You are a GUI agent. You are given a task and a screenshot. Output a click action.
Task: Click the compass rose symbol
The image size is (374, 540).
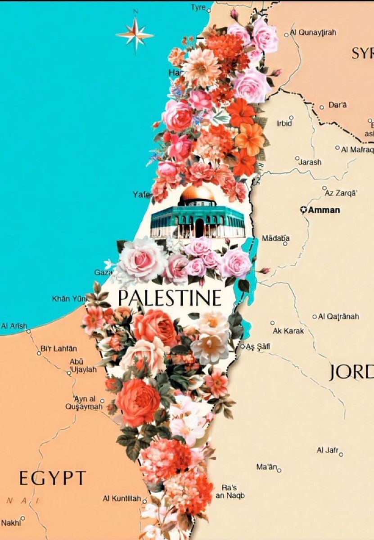[x=135, y=34]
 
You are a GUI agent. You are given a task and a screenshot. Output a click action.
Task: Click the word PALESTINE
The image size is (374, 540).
[x=170, y=298]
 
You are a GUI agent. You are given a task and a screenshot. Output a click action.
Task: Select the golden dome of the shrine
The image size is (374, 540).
[x=198, y=194]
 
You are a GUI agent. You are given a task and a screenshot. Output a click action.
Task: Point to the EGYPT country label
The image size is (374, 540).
[x=53, y=477]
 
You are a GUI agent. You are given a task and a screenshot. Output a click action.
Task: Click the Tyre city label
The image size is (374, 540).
[x=198, y=7]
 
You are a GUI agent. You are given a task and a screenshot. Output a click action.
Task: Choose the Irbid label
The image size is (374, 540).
[x=284, y=123]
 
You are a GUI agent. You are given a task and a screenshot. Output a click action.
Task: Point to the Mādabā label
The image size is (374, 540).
[x=276, y=238]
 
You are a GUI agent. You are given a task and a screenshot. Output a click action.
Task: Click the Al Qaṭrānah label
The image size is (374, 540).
[x=338, y=316]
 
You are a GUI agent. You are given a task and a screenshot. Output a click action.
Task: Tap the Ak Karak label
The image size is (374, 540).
[x=288, y=331]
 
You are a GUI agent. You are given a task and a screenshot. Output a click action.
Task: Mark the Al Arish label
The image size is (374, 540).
[x=14, y=325]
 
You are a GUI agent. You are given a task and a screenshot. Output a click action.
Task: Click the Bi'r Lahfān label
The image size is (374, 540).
[x=59, y=348]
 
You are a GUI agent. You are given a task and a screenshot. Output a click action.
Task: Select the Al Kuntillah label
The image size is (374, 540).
[x=122, y=499]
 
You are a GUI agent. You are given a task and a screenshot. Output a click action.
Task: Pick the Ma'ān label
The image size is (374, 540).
[x=266, y=467]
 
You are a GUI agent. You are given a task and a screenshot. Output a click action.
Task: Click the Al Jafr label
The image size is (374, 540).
[x=327, y=450]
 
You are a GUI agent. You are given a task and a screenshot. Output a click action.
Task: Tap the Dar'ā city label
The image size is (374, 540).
[x=338, y=105]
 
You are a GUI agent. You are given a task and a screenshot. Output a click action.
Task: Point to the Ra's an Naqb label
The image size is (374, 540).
[x=233, y=491]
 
